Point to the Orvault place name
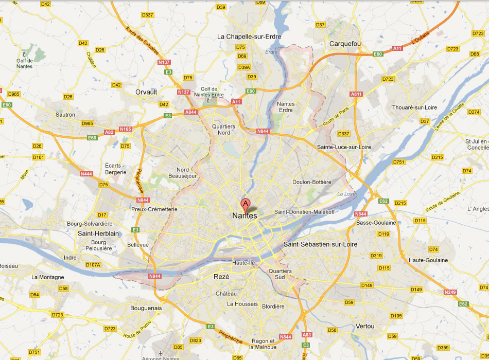(x=146, y=92)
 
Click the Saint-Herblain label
(x=98, y=233)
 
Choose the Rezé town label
(x=221, y=276)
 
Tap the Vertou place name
(x=364, y=326)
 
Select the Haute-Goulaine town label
(x=428, y=260)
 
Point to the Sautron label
(x=65, y=115)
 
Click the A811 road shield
(x=356, y=94)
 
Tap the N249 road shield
(x=450, y=292)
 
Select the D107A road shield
(x=93, y=265)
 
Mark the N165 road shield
(x=125, y=129)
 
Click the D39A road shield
(x=244, y=67)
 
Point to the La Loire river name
(x=346, y=194)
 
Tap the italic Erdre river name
(x=271, y=52)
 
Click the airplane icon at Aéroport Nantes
(x=161, y=353)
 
